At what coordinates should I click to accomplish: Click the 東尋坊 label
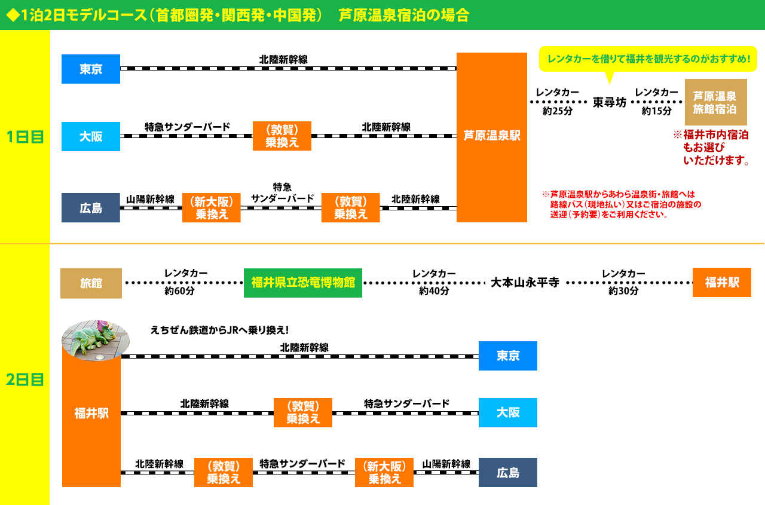tap(609, 102)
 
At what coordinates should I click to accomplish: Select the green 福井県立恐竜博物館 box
tap(303, 283)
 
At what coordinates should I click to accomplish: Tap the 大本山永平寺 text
tap(525, 283)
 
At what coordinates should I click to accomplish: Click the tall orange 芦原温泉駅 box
tap(491, 137)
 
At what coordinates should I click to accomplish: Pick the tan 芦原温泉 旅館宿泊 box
tap(715, 102)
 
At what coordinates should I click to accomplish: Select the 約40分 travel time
tap(434, 291)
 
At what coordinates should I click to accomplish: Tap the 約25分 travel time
tap(557, 111)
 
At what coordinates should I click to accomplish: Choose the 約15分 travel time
tap(656, 111)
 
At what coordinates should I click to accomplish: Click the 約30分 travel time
tap(623, 291)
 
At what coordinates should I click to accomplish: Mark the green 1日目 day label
tap(25, 137)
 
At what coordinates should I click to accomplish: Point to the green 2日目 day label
tap(25, 379)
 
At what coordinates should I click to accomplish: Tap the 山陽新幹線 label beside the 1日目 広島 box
tap(150, 199)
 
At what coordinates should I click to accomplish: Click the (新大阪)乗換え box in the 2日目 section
tap(384, 472)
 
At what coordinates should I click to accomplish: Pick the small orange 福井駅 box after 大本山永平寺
tap(721, 283)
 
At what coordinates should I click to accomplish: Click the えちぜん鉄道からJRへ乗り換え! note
tap(221, 330)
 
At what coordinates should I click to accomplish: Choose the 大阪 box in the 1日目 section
tap(91, 136)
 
